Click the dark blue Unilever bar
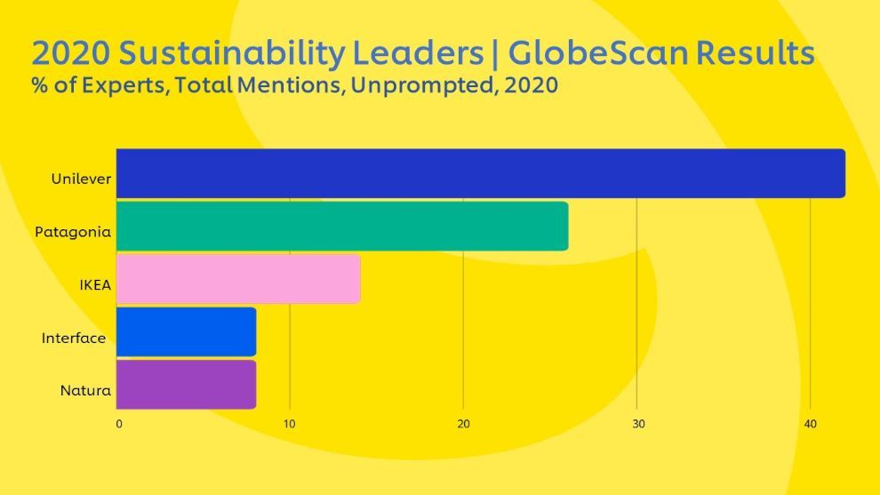(x=480, y=173)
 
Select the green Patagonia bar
(x=342, y=226)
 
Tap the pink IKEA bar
(x=238, y=279)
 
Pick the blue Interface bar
(x=187, y=331)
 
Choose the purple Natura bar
(x=187, y=384)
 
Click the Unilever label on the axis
(x=81, y=179)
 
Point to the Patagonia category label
(x=73, y=232)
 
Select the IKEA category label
(x=94, y=284)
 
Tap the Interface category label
(x=74, y=338)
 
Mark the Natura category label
(x=85, y=390)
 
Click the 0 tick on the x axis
(x=119, y=424)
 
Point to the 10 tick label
(x=289, y=424)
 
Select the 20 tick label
(x=463, y=424)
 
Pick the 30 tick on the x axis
(x=637, y=424)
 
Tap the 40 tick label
(x=811, y=424)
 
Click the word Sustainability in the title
(x=231, y=54)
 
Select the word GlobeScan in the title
(x=599, y=54)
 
